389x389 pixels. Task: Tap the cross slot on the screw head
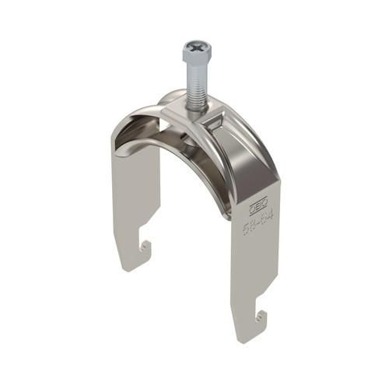point(194,47)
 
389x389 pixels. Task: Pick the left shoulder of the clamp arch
point(128,128)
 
